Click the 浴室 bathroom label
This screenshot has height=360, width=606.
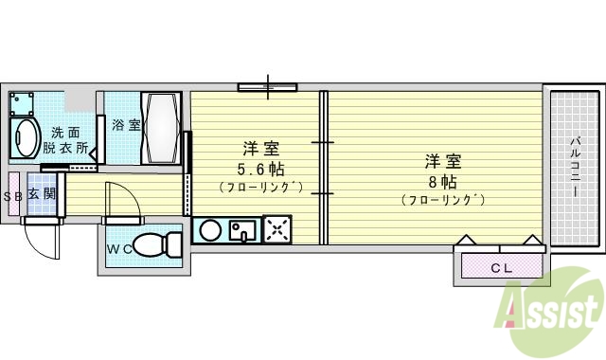(x=126, y=124)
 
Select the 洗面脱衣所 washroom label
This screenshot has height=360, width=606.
(x=67, y=140)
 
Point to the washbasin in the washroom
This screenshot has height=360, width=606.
(x=26, y=137)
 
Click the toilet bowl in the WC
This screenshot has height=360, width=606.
(x=156, y=246)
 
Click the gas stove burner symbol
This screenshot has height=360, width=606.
(x=277, y=228)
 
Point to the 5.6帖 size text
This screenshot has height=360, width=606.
(x=261, y=170)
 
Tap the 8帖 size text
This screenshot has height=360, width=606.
(x=442, y=181)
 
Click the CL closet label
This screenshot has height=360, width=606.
(x=501, y=268)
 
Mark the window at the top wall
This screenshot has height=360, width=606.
(x=267, y=87)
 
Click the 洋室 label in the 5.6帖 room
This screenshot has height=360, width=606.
(x=260, y=149)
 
